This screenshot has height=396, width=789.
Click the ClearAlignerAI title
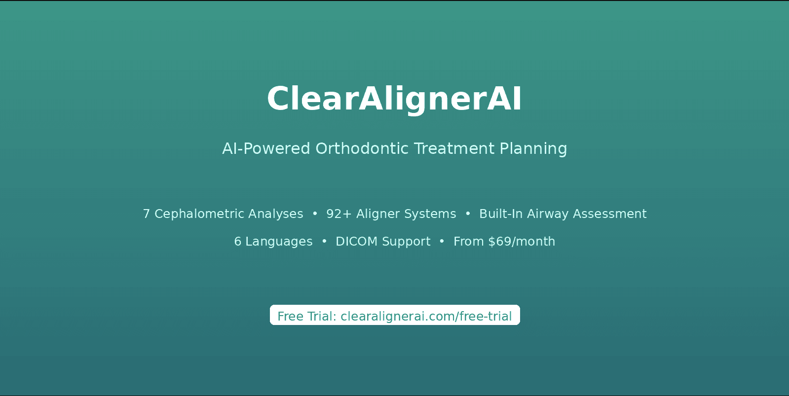394,99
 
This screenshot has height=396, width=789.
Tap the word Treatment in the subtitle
454,148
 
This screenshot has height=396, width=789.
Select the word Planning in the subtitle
533,149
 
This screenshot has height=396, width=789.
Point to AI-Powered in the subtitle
266,148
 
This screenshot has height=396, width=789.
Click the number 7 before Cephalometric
146,214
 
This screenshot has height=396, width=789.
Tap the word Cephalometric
199,214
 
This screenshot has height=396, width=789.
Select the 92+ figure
339,214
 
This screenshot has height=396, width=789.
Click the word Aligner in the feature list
378,214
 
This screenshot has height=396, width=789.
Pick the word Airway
548,214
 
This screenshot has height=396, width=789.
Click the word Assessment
610,214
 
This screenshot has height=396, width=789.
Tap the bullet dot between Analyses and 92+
315,214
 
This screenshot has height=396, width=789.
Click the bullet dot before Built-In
468,214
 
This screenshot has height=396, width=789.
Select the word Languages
279,242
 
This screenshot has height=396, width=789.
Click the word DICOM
356,241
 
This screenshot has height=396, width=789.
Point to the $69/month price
522,242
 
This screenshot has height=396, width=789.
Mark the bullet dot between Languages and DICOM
324,241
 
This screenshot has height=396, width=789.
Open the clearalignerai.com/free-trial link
426,317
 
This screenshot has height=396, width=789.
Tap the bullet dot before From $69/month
442,241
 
